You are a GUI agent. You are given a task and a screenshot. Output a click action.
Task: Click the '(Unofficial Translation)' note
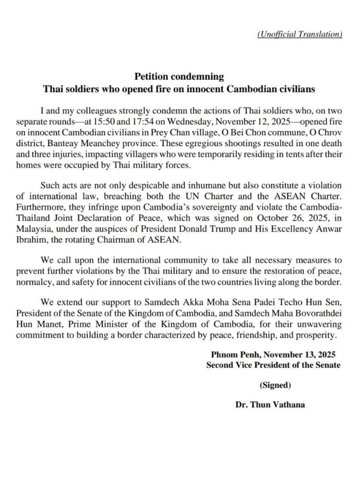(299, 35)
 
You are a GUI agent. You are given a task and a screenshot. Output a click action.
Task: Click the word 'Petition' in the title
(151, 76)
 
